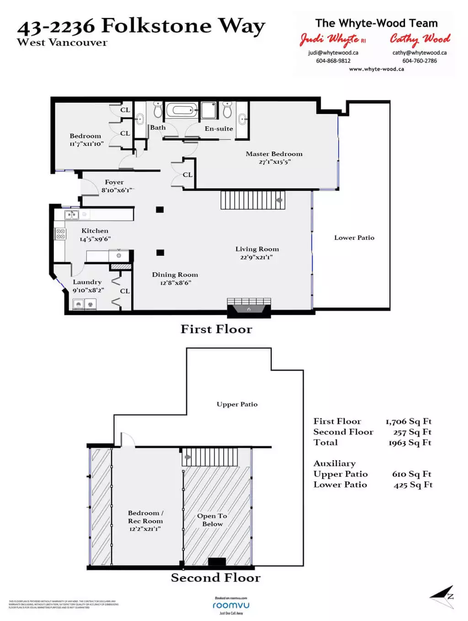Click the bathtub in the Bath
coord(181,110)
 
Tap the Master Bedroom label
coord(274,154)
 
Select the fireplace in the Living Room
coord(249,308)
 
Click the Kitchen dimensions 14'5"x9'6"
coord(95,239)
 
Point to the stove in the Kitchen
coord(60,234)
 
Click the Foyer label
coord(114,182)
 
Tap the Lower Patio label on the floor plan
coord(354,238)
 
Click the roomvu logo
coord(231,605)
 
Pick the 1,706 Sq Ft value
coord(409,421)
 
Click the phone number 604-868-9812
coord(333,61)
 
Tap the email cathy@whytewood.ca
coord(419,53)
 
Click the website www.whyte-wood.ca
coord(376,69)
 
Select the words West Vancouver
coord(62,43)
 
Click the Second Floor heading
coord(215,578)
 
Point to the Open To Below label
coord(212,520)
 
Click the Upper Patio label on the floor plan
coord(237,404)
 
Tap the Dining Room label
coord(175,275)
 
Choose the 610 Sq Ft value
coord(412,474)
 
